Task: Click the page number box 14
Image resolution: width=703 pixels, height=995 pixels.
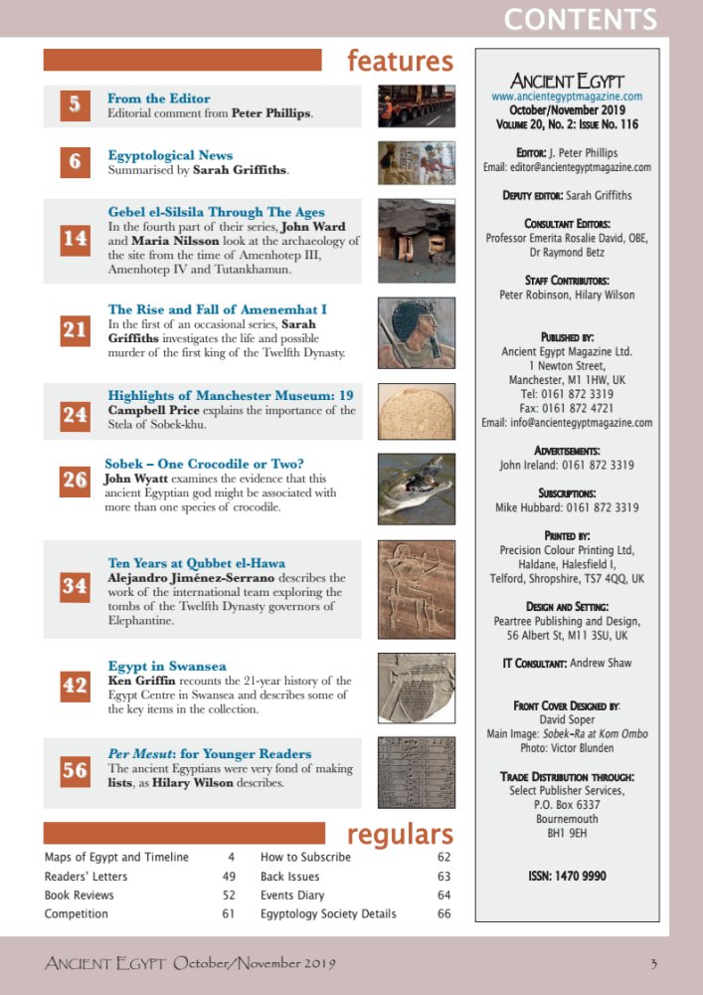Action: pos(75,240)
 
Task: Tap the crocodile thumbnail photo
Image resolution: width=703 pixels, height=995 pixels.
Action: pos(417,489)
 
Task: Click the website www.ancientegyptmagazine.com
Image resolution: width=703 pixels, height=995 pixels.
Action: pos(567,97)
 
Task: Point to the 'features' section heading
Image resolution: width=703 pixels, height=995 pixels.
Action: pos(400,62)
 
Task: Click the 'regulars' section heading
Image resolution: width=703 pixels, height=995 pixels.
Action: pos(400,834)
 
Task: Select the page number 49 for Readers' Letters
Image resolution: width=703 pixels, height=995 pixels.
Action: pos(228,877)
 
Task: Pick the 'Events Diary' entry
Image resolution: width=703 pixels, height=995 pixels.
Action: pos(292,895)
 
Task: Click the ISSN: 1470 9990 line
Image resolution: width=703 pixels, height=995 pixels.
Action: pos(567,876)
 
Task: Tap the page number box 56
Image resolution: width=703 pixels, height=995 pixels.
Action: pos(75,770)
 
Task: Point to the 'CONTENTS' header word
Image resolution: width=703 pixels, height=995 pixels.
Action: pos(580,19)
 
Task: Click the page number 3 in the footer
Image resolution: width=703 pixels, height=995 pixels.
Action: pos(653,963)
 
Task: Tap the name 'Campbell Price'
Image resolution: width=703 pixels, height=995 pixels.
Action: pos(154,411)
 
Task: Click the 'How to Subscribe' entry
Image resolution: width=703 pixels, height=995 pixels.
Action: pos(305,857)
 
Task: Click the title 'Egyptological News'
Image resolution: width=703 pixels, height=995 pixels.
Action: pos(170,155)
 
